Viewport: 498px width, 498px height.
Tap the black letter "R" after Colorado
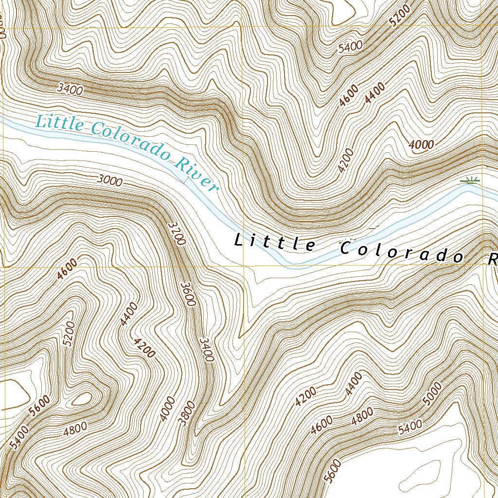492,259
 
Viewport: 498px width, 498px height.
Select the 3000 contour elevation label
109,180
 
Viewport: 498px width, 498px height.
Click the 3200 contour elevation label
176,233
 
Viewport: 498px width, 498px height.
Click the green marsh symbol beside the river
469,181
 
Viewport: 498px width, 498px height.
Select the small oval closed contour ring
83,399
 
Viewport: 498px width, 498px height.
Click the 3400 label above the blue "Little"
70,89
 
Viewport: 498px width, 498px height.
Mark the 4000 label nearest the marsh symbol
421,144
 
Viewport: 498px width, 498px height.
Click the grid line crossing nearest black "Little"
242,266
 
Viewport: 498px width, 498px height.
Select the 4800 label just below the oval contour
75,427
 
